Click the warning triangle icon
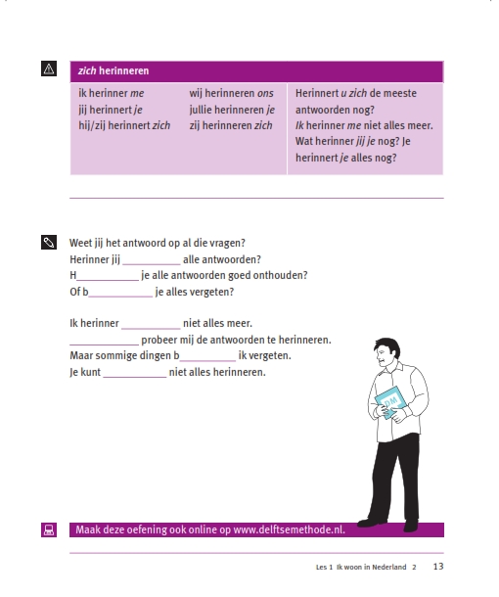coord(49,69)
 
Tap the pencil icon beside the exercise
coord(49,242)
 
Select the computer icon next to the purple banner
coord(49,529)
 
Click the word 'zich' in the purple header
coord(87,70)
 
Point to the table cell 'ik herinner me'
coord(112,93)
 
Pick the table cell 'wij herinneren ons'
coord(232,93)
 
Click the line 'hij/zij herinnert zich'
coord(124,125)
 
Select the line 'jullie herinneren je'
coord(232,110)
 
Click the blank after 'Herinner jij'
coord(152,264)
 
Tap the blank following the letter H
coord(108,280)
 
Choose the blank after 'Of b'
coord(120,297)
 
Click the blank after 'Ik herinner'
coord(151,328)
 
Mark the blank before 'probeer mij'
coord(105,344)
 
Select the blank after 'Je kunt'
coord(135,377)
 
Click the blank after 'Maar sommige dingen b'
coord(207,360)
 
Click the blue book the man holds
coord(390,401)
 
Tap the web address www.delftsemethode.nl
coord(290,529)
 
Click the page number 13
coord(438,567)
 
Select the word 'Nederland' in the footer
coord(389,567)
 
